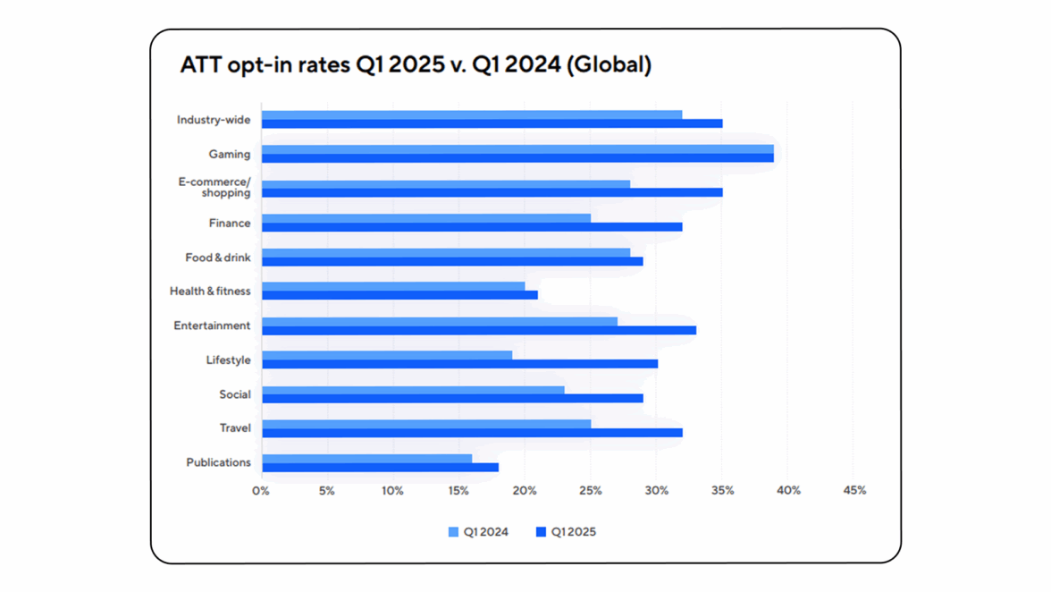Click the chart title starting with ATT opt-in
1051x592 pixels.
(x=416, y=65)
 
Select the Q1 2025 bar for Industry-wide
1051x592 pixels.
(x=492, y=123)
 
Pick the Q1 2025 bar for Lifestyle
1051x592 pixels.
(x=459, y=364)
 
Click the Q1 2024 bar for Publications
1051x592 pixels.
(x=366, y=459)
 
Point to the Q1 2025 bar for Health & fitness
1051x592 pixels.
(x=399, y=295)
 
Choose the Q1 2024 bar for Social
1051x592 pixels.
(x=413, y=390)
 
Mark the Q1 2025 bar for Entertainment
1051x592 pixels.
(x=479, y=330)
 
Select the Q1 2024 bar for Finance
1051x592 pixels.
(x=425, y=218)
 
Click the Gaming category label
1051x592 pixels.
(x=230, y=155)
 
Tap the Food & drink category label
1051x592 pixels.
(x=218, y=258)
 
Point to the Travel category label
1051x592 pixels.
(x=235, y=428)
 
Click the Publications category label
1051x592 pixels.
(x=218, y=462)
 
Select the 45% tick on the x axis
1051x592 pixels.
(x=854, y=490)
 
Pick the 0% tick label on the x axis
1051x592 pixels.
(x=261, y=490)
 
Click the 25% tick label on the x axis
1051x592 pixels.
(x=590, y=490)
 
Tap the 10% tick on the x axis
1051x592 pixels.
(x=392, y=490)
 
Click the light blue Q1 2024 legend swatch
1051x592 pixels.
(x=453, y=532)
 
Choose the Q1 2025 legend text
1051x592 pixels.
(x=573, y=532)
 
